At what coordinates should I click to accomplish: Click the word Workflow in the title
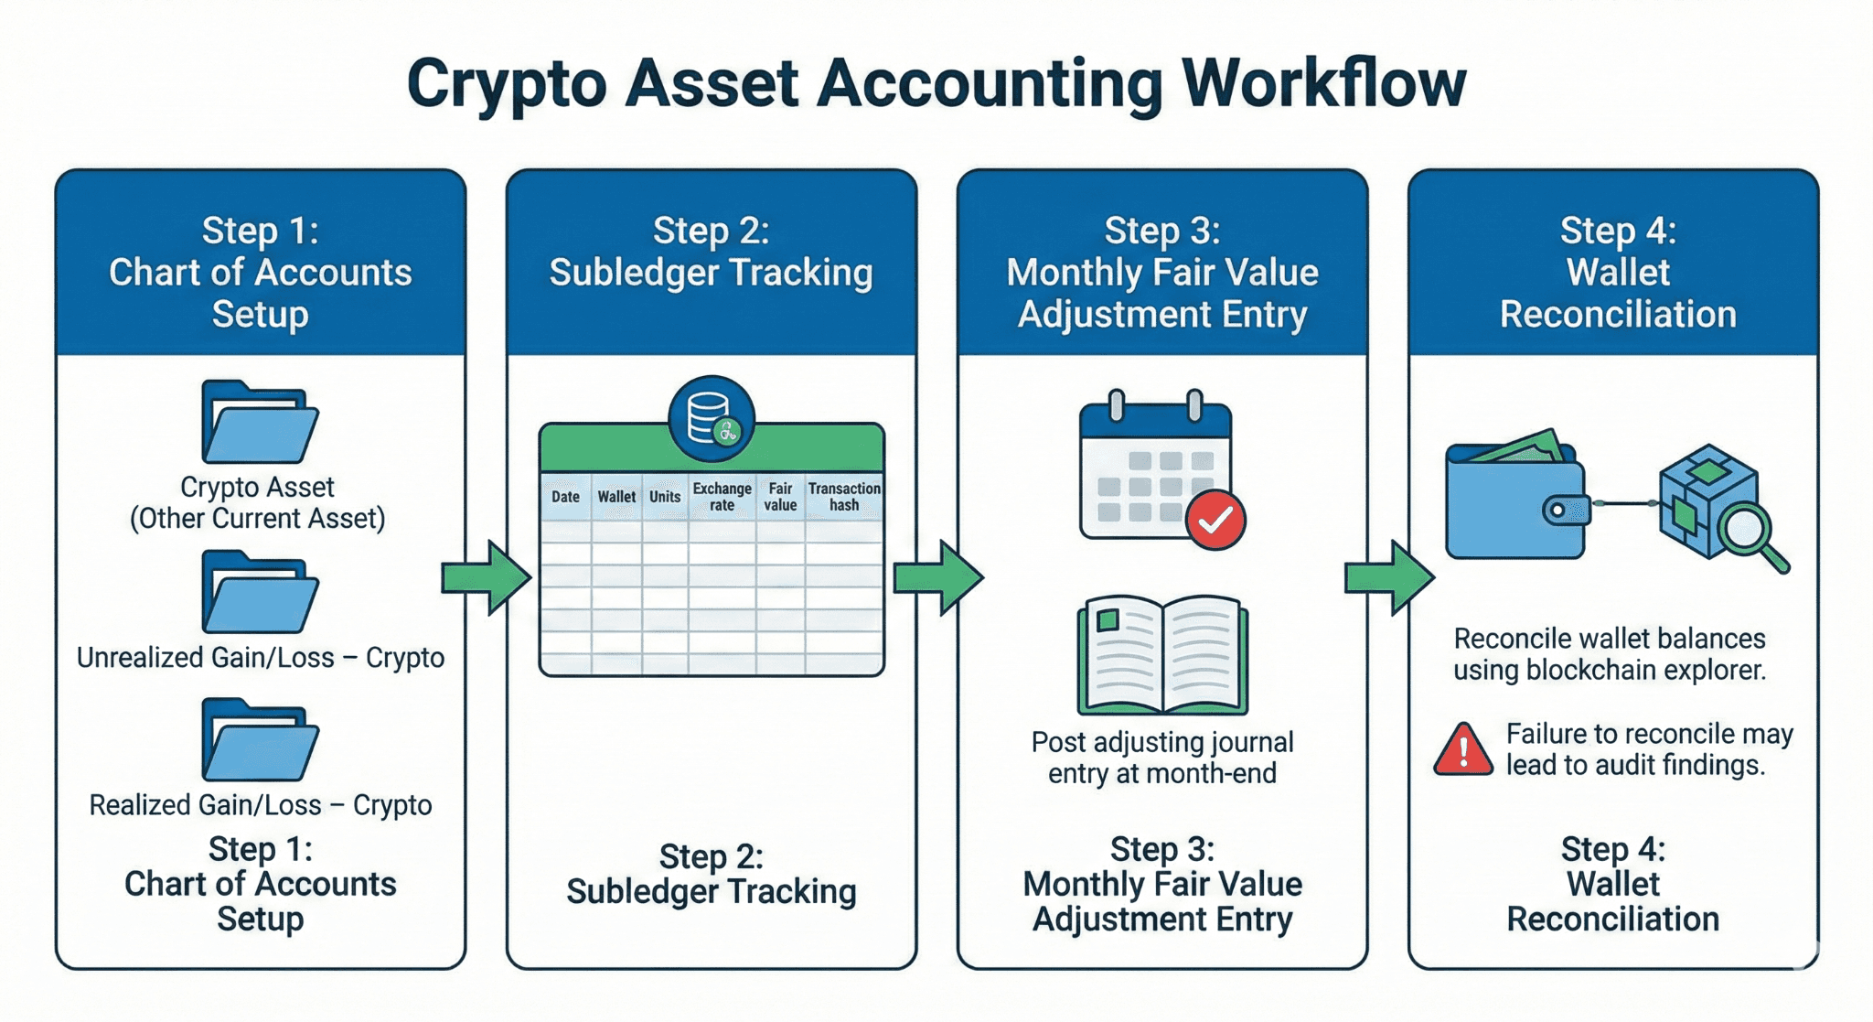[1323, 84]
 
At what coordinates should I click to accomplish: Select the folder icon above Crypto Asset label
[260, 422]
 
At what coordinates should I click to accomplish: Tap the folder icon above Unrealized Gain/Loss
[260, 592]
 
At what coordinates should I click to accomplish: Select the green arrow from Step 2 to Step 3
[938, 577]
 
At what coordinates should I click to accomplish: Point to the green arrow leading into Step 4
[1389, 577]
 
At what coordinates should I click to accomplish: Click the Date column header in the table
[565, 497]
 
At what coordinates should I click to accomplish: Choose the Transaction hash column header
[844, 497]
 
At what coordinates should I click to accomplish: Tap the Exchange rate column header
[722, 497]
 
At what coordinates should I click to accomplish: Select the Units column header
[665, 497]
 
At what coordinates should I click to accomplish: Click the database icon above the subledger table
[712, 419]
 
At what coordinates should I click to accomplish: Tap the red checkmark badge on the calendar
[1215, 520]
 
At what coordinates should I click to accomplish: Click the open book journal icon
[1162, 655]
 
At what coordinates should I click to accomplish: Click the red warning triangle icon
[1464, 749]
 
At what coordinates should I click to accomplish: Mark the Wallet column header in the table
[616, 497]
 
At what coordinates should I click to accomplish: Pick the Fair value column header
[780, 497]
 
